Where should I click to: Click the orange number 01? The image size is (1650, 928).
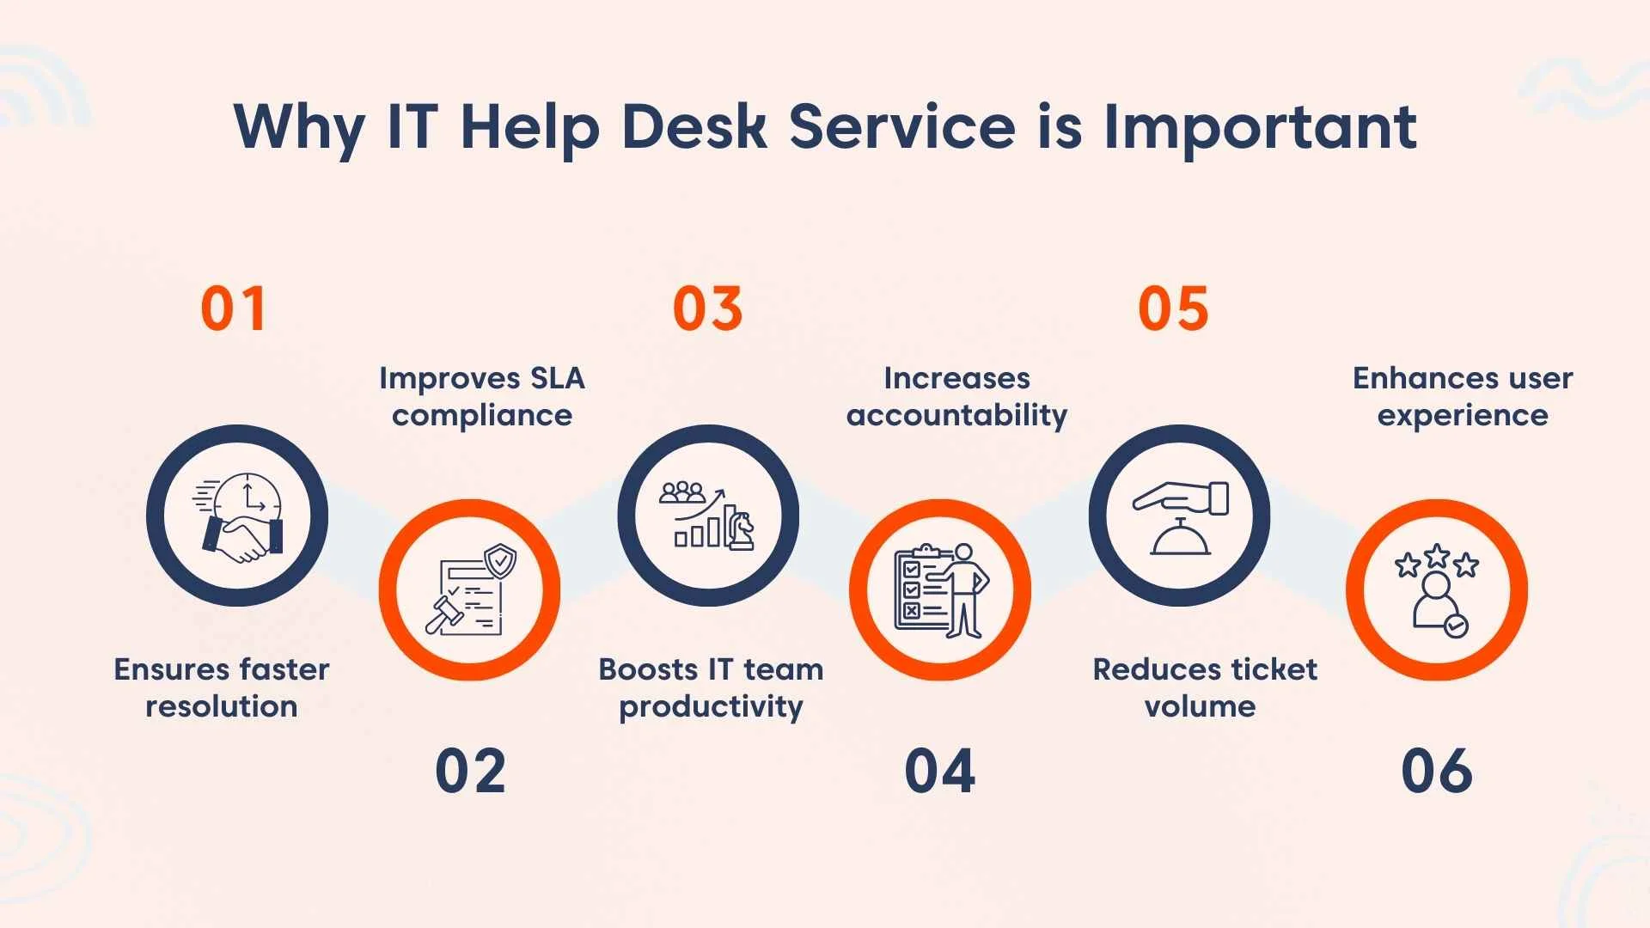point(233,309)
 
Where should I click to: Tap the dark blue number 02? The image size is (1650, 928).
point(470,771)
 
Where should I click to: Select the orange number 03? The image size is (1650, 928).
point(707,309)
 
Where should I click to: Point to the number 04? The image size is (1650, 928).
point(939,771)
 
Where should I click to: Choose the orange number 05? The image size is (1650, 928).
point(1173,309)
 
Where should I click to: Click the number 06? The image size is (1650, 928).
point(1436,771)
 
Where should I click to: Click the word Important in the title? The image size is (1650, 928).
point(1260,127)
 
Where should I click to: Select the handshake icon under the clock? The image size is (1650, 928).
point(241,537)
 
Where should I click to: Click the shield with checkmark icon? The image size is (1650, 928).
point(500,560)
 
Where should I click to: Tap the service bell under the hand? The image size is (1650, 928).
point(1181,540)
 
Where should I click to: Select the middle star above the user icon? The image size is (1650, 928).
point(1436,555)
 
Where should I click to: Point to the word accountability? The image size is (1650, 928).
point(956,415)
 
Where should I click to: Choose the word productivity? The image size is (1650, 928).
point(711,706)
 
